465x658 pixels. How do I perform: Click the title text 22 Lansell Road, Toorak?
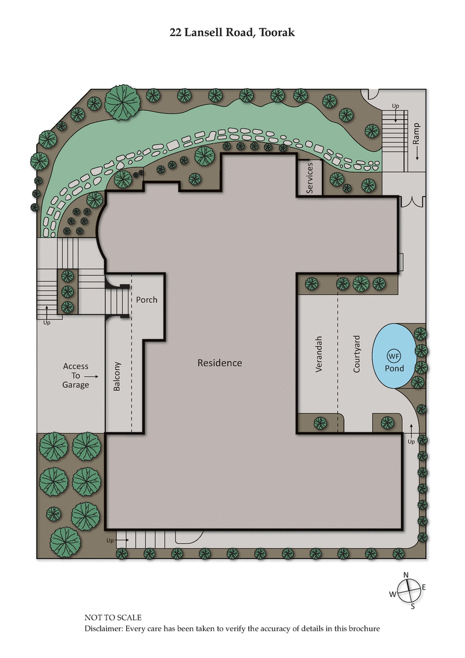pos(232,33)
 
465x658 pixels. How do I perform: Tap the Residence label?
pos(220,363)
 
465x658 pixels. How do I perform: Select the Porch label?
pos(146,300)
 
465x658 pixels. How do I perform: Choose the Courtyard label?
pos(357,353)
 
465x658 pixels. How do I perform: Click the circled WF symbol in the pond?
pos(394,356)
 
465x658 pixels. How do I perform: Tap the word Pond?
pos(394,368)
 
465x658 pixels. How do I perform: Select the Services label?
pos(310,178)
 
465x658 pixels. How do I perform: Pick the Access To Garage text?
pos(76,375)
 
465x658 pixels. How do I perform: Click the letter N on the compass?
pos(406,575)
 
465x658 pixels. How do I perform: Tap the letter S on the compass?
pos(413,607)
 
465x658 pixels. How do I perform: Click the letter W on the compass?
pos(393,594)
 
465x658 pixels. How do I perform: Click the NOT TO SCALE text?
pos(113,618)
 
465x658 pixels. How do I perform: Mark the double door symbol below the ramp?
pos(414,202)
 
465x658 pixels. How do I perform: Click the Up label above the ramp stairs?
pos(395,106)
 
